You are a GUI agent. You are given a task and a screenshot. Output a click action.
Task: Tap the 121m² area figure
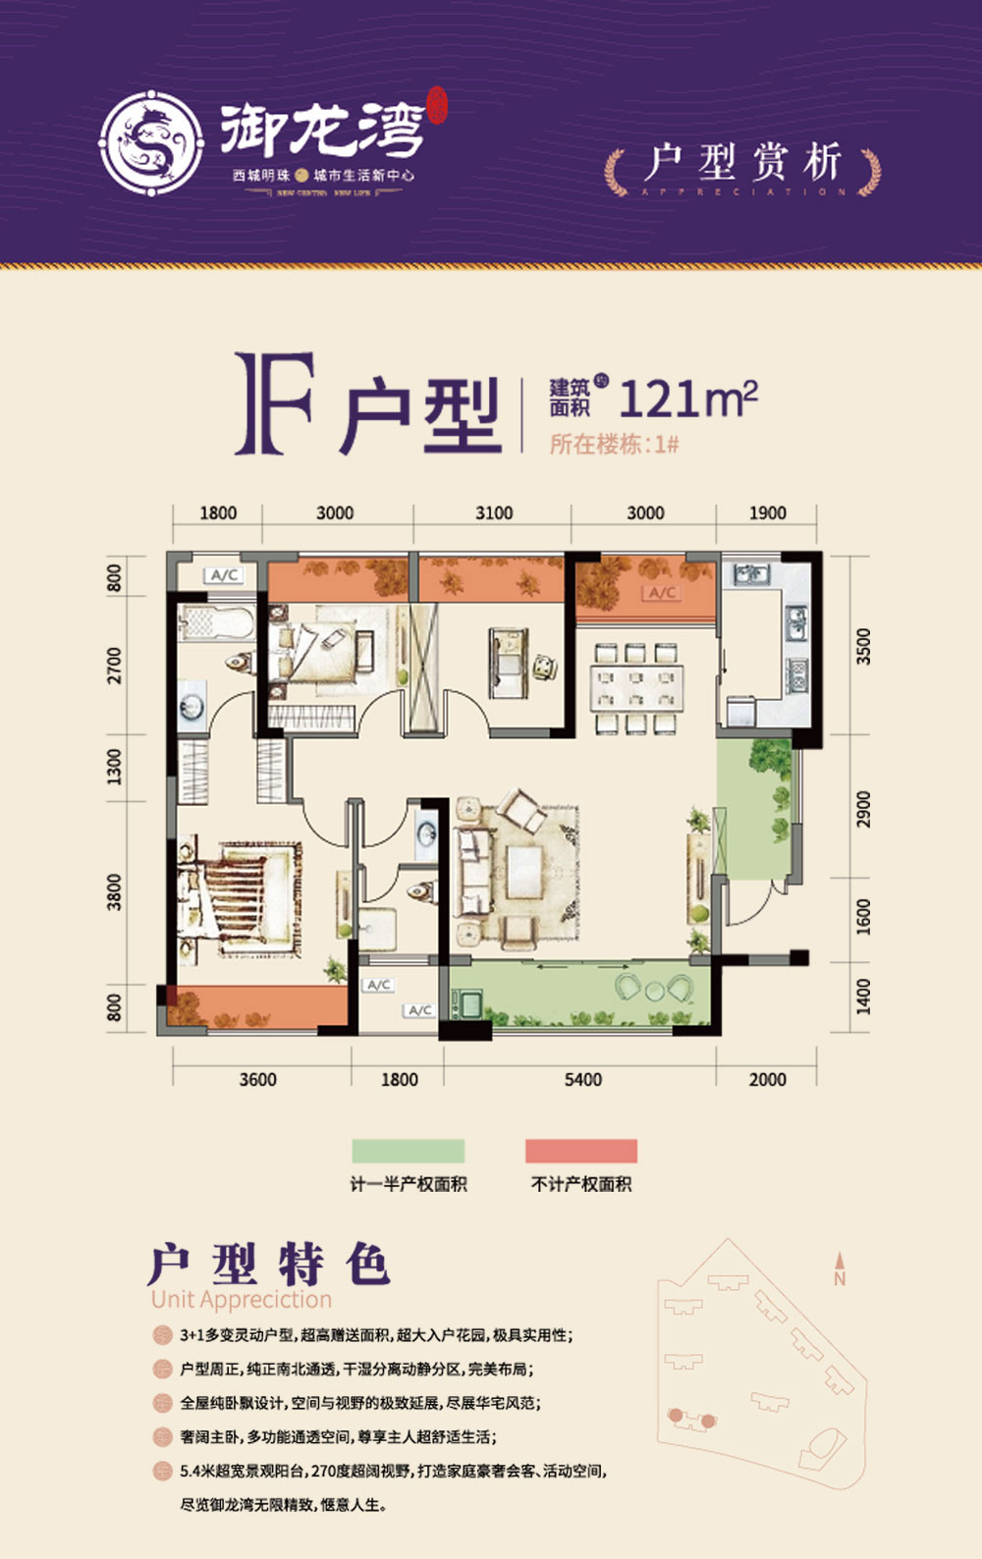tap(688, 399)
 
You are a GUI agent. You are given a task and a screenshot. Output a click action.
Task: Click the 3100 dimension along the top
tap(494, 512)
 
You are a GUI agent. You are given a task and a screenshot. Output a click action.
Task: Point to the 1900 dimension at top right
tap(767, 512)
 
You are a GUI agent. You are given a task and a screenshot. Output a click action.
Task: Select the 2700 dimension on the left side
tap(115, 665)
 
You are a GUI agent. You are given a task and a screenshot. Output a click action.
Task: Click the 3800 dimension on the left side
tap(115, 891)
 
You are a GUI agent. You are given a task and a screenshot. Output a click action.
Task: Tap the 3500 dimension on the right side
tap(863, 646)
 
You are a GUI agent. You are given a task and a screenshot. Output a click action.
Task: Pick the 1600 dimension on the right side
tap(863, 916)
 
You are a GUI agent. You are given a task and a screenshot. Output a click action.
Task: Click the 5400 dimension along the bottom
tap(582, 1079)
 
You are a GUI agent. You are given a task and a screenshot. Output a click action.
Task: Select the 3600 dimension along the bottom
tap(257, 1079)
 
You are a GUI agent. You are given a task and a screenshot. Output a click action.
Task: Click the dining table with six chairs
tap(636, 687)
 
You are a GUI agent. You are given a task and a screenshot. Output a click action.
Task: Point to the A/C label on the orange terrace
tap(662, 592)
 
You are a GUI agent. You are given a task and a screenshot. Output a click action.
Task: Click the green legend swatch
tap(409, 1151)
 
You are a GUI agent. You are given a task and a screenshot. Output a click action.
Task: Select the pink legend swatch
tap(581, 1151)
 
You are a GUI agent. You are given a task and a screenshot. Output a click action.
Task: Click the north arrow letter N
tap(840, 1278)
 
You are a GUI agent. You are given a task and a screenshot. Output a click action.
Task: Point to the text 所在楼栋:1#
tap(615, 444)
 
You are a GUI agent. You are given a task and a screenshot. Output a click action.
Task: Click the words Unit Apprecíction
tap(242, 1299)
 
